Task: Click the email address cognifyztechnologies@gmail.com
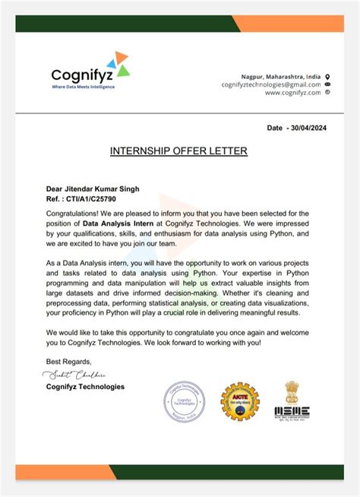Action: point(271,84)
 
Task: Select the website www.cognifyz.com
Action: point(292,93)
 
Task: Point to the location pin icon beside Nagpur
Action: point(327,76)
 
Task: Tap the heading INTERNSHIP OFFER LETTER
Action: point(179,151)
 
